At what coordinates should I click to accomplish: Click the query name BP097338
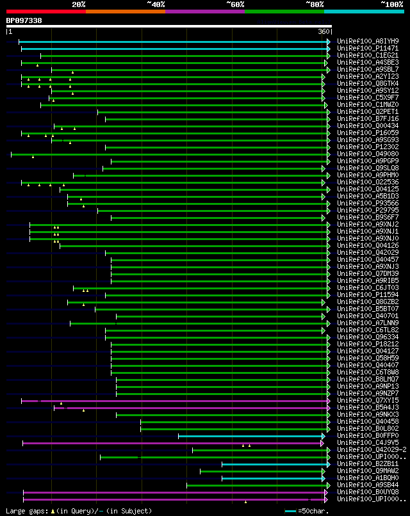tap(24, 20)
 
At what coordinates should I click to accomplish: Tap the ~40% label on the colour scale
tap(156, 4)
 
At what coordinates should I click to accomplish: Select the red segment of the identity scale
tap(45, 11)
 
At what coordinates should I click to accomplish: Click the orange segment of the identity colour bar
tap(125, 11)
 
